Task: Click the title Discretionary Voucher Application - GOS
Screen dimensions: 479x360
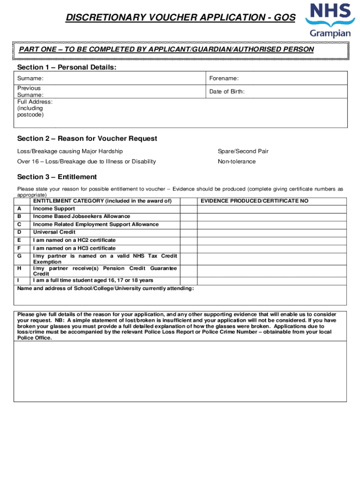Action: [180, 18]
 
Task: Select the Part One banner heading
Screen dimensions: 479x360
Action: [166, 50]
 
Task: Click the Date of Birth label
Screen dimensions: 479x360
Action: [227, 92]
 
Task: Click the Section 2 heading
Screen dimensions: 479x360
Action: [87, 138]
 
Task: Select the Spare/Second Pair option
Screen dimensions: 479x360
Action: [243, 152]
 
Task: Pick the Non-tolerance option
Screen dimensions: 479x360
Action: [237, 161]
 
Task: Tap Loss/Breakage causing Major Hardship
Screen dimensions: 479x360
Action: [70, 152]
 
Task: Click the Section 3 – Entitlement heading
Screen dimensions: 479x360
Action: [57, 177]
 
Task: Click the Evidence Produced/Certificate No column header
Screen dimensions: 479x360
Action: [254, 201]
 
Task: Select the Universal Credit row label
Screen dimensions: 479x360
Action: [54, 232]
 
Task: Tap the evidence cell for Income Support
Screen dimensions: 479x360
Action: [271, 209]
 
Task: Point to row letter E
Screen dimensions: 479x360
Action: [19, 240]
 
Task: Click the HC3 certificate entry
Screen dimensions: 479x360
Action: [74, 248]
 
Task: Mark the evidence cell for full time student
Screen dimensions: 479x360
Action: [271, 280]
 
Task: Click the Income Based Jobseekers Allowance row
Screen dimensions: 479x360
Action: [81, 216]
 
